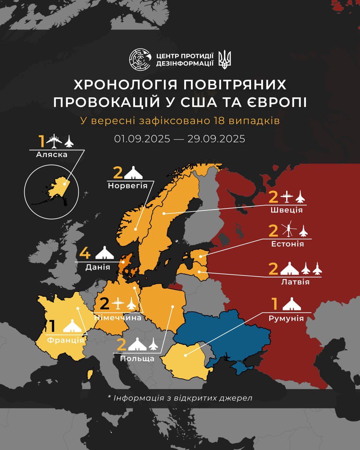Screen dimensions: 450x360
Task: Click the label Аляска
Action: (x=51, y=154)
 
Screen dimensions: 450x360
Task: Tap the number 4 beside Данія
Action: (x=85, y=253)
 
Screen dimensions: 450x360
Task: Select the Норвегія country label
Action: (x=127, y=185)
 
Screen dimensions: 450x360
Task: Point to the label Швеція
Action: (x=287, y=210)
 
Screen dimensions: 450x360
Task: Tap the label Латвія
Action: (x=295, y=282)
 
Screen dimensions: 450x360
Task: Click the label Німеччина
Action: (x=118, y=317)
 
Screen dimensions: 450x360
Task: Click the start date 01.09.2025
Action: (x=142, y=139)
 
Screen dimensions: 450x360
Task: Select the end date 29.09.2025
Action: (x=216, y=139)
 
